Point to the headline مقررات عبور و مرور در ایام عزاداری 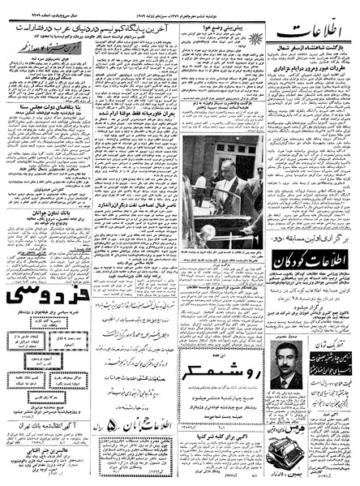(x=307, y=84)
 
